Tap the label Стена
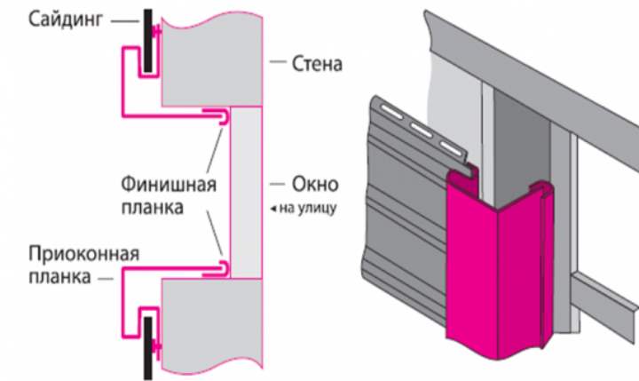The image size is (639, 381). (x=317, y=64)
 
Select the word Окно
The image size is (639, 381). (x=314, y=185)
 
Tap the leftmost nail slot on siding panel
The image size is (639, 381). (x=388, y=108)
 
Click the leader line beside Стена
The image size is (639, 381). (x=279, y=64)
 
